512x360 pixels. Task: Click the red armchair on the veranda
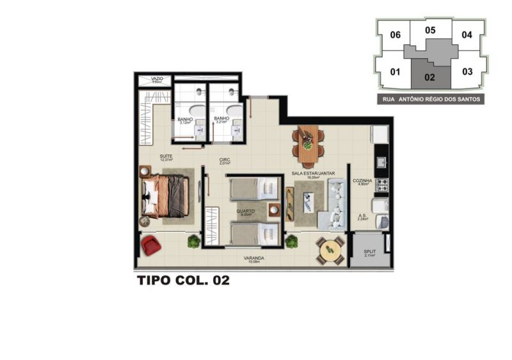tap(150, 245)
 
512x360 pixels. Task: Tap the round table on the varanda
tap(330, 249)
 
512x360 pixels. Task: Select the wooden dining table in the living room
tap(308, 143)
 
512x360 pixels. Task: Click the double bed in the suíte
tap(166, 196)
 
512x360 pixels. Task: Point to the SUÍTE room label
tap(166, 156)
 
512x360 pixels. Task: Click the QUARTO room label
tap(245, 211)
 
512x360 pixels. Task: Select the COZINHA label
tap(363, 181)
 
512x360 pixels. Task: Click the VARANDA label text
tap(254, 258)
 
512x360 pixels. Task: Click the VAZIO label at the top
tap(157, 79)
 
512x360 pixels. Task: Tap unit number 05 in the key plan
tap(430, 30)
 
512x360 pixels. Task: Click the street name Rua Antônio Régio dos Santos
tap(430, 99)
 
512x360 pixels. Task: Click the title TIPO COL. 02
tap(183, 280)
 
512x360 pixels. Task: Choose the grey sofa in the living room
tap(335, 204)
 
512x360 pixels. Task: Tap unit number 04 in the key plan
tap(467, 35)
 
